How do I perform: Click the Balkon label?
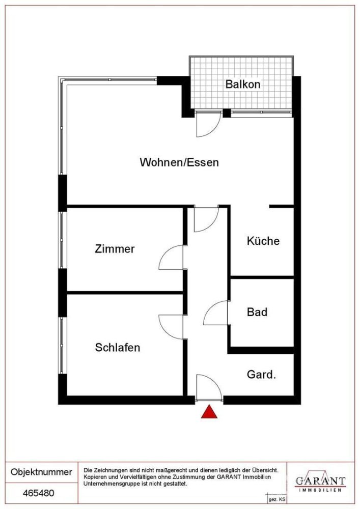242,84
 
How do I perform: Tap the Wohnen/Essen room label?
179,162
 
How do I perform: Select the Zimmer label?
115,249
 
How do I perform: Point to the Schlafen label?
117,348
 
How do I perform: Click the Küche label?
263,241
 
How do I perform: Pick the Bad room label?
257,312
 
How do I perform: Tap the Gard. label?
261,375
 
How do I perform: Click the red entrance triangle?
209,412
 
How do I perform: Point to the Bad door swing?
216,314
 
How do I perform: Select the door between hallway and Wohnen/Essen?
206,219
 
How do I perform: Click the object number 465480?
40,493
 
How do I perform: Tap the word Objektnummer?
41,472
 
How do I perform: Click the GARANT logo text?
321,480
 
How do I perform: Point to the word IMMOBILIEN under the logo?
321,490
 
